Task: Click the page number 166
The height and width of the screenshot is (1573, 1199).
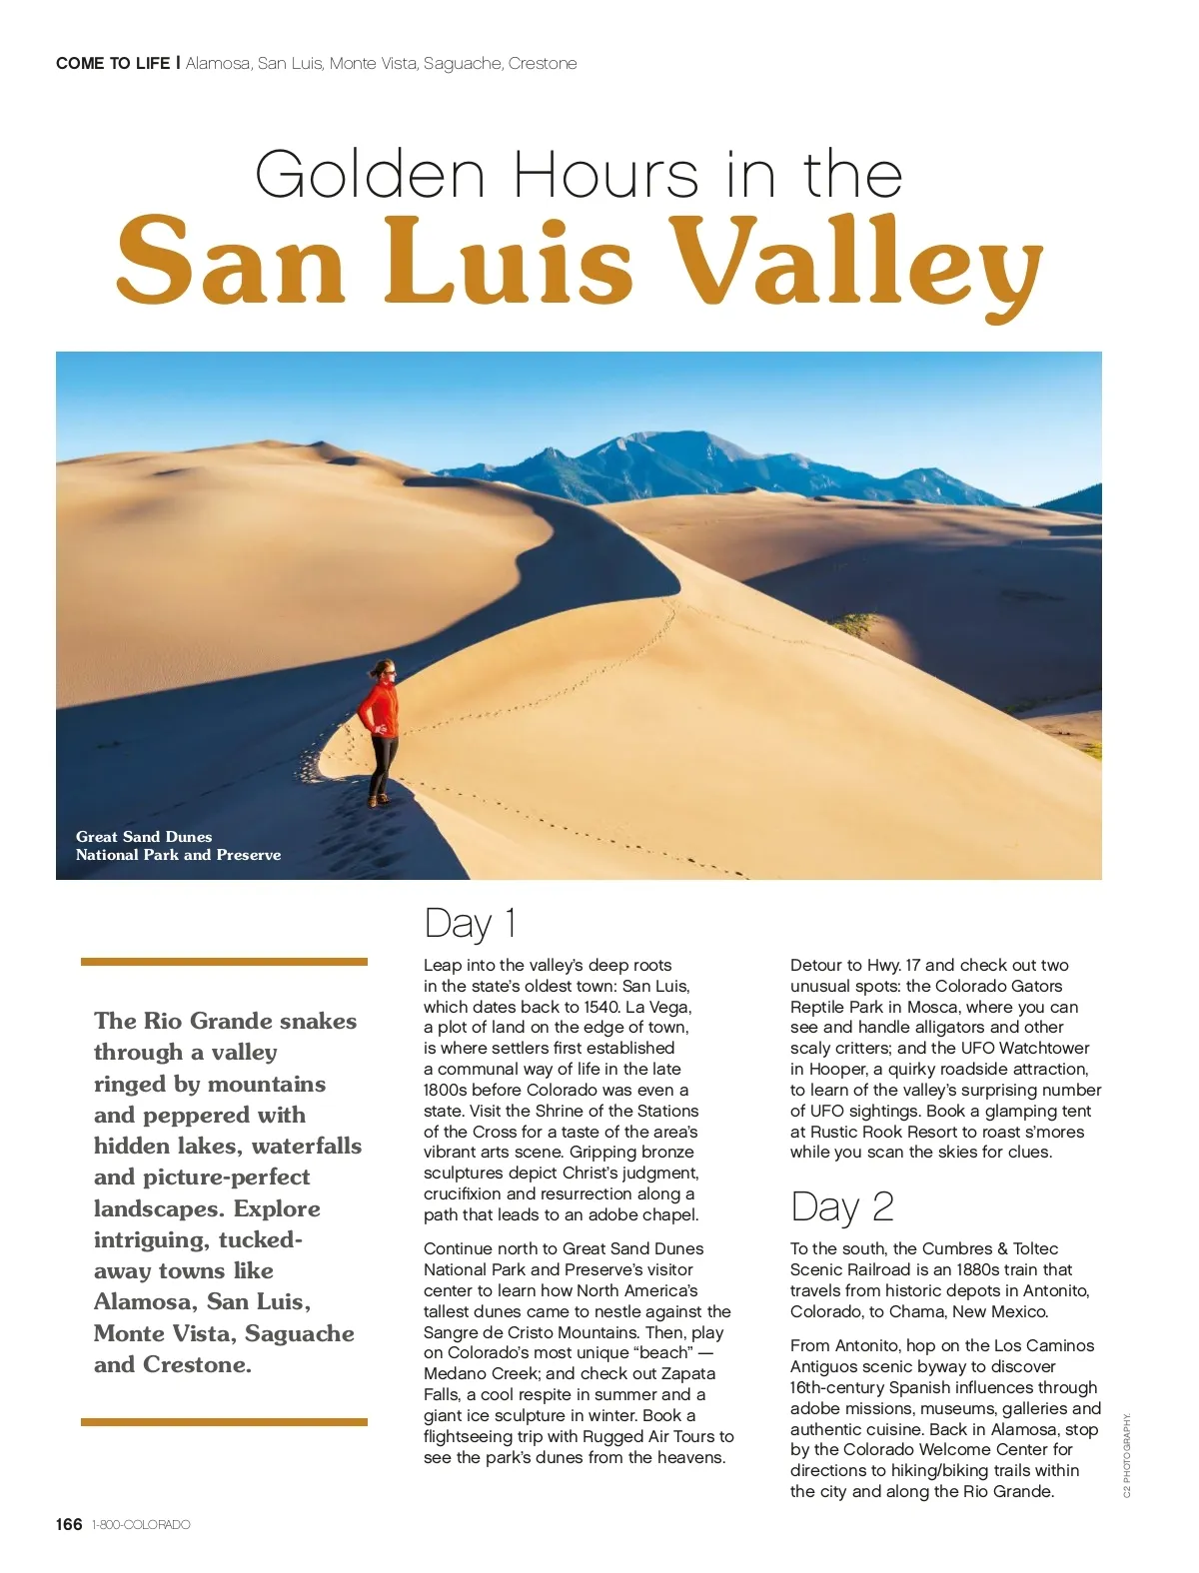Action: point(69,1524)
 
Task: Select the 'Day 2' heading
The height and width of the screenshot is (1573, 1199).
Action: point(841,1206)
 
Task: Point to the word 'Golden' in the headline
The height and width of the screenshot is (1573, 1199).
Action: point(370,175)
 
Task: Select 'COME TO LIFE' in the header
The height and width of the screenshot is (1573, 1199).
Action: point(113,63)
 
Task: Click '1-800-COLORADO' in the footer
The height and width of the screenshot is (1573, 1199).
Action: point(140,1525)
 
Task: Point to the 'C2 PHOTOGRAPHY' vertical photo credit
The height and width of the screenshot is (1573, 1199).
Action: point(1127,1455)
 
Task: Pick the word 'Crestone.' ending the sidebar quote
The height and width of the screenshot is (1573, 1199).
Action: point(197,1364)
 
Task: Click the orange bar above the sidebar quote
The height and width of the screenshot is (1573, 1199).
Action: point(224,962)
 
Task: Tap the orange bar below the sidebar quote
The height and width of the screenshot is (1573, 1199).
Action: point(224,1421)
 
